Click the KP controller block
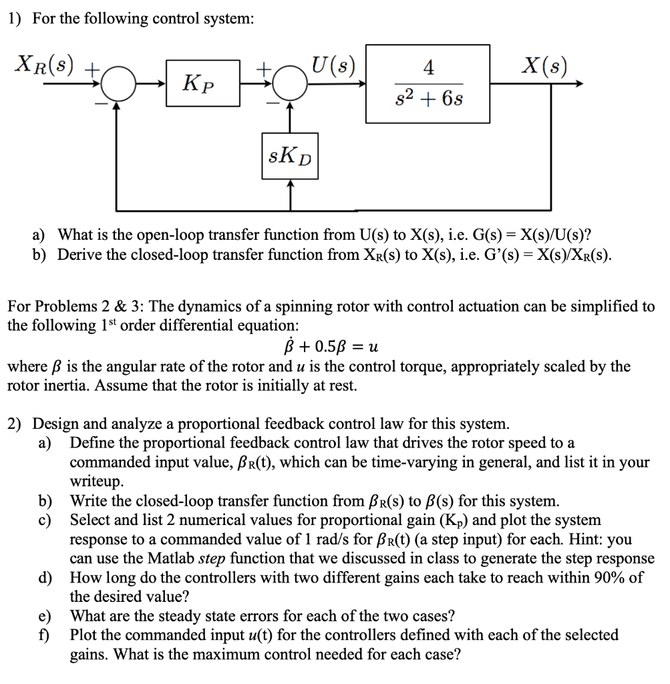(203, 83)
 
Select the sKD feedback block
(289, 158)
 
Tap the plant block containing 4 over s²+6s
(428, 83)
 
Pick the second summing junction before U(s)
(289, 84)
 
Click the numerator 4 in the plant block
(429, 67)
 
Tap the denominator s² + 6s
(429, 99)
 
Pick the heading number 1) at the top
(15, 19)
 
